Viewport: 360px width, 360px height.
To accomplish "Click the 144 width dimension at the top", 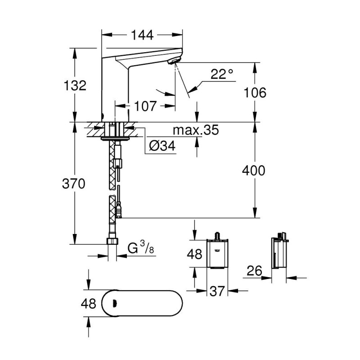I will pyautogui.click(x=142, y=34).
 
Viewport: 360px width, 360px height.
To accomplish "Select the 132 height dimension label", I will pyautogui.click(x=75, y=85).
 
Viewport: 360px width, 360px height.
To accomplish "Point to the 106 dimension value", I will pyautogui.click(x=255, y=93).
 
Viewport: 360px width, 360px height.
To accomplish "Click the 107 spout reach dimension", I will pyautogui.click(x=145, y=107).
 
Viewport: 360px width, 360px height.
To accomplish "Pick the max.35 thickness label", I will pyautogui.click(x=196, y=130).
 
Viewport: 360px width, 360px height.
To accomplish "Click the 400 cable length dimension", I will pyautogui.click(x=254, y=171).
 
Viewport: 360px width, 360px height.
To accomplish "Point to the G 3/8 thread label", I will pyautogui.click(x=139, y=247).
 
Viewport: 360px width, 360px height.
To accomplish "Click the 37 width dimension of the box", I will pyautogui.click(x=217, y=292).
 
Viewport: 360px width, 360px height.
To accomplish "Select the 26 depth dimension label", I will pyautogui.click(x=255, y=271).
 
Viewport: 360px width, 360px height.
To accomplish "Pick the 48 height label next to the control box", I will pyautogui.click(x=194, y=255).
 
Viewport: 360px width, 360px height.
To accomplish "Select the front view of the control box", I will pyautogui.click(x=217, y=253).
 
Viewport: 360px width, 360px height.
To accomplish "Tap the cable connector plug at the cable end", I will pyautogui.click(x=119, y=210).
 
